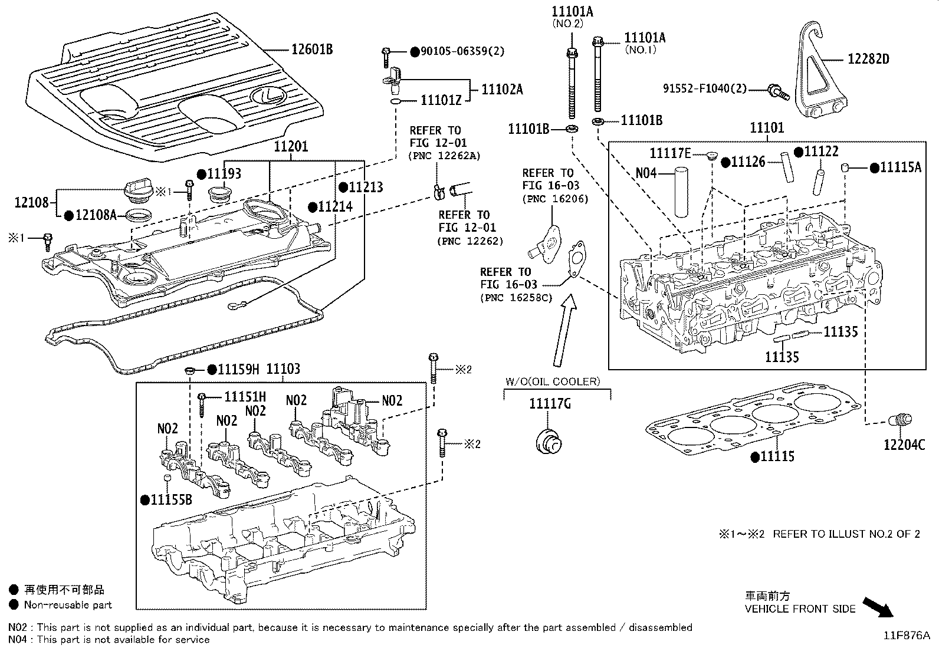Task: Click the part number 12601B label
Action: (312, 50)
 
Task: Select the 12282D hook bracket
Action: (820, 74)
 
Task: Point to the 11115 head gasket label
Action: (777, 456)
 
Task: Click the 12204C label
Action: (904, 445)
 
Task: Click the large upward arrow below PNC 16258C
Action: (563, 330)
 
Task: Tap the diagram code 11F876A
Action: (906, 636)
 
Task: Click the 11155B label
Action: (171, 499)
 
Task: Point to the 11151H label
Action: (245, 397)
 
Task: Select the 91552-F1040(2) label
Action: (704, 89)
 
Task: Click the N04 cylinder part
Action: (682, 193)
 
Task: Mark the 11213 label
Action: (366, 188)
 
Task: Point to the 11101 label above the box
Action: (767, 127)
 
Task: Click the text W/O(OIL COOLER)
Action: (552, 381)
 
